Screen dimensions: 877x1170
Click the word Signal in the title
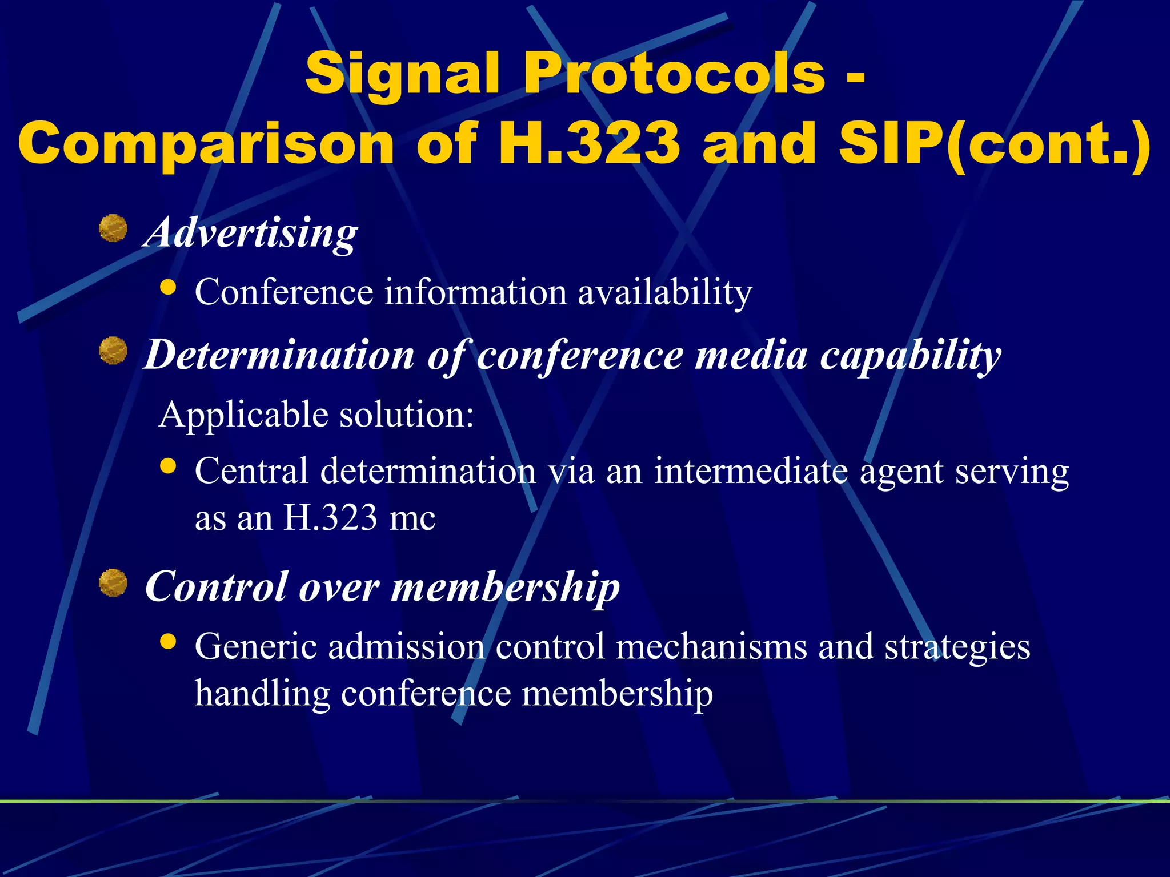(403, 74)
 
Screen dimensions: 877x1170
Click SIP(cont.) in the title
(995, 144)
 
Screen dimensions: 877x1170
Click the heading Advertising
(251, 232)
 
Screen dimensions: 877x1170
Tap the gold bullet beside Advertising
(113, 229)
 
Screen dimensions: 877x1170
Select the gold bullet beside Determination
(113, 351)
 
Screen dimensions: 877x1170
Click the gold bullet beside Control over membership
(113, 583)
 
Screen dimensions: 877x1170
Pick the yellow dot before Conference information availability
(168, 287)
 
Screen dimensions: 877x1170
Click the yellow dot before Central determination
(168, 466)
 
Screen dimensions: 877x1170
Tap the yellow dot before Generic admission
(168, 642)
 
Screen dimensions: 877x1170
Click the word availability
(665, 292)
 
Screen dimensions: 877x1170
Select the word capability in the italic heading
(911, 356)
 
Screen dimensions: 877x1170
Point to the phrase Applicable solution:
(316, 414)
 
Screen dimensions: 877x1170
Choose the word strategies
(957, 647)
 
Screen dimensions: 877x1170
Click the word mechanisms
(711, 646)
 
